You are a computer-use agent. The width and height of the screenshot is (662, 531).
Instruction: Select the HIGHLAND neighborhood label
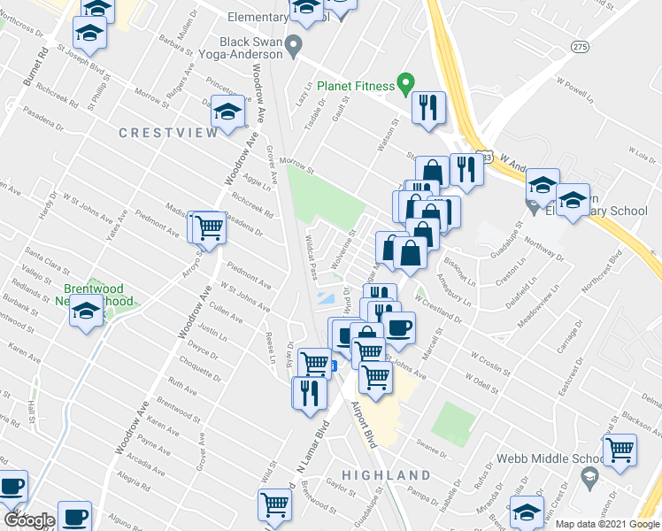pos(390,475)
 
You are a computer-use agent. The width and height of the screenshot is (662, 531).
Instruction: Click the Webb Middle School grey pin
pos(589,478)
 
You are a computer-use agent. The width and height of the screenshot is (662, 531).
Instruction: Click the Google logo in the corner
pos(28,520)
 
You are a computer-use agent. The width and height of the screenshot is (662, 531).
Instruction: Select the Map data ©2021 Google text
pos(607,524)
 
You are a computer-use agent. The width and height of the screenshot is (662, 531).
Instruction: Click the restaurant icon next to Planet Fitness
pos(429,109)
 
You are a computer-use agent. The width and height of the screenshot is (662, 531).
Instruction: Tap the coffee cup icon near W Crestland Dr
pos(400,328)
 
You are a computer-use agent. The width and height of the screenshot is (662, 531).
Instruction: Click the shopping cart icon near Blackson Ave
pos(620,450)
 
